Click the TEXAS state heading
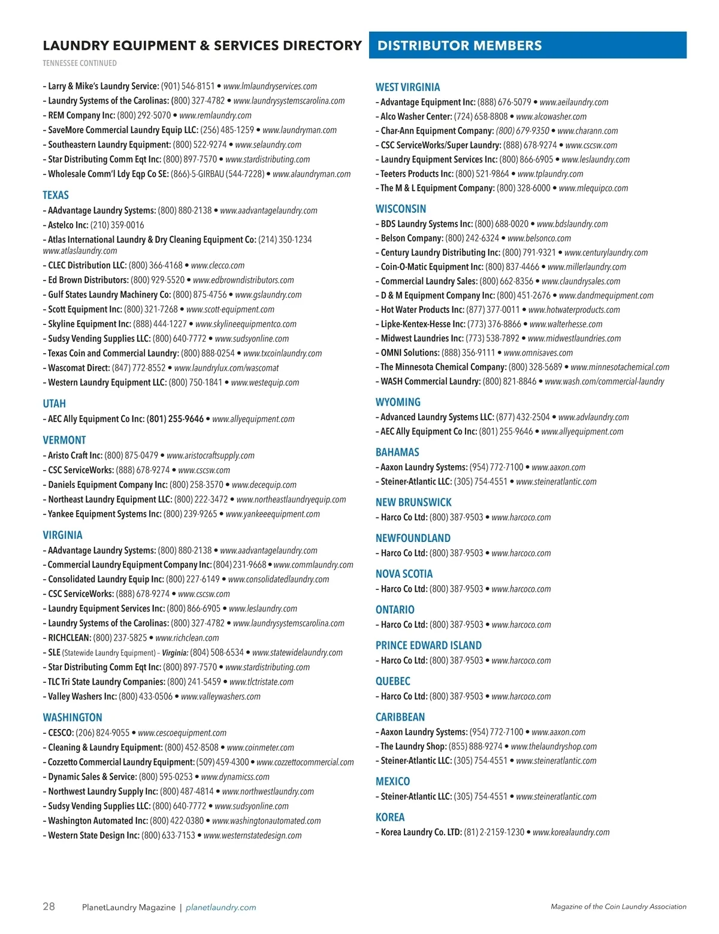tap(56, 195)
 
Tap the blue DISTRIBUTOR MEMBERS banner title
tap(460, 46)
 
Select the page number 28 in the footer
tap(49, 906)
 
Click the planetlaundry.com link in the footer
tap(220, 908)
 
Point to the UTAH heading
tap(54, 404)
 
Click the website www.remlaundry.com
tap(215, 116)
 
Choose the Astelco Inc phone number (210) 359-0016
tap(117, 225)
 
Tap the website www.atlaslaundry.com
tap(80, 251)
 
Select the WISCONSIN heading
tap(401, 209)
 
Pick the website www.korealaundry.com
tap(571, 832)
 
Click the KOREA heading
tap(390, 818)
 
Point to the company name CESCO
tap(61, 733)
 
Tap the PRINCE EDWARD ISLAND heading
tap(428, 646)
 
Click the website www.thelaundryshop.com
tap(554, 746)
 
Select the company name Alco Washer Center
tap(416, 117)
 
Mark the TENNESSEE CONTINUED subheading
tap(80, 64)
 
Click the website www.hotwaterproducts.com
tap(574, 310)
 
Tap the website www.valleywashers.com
tap(220, 697)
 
